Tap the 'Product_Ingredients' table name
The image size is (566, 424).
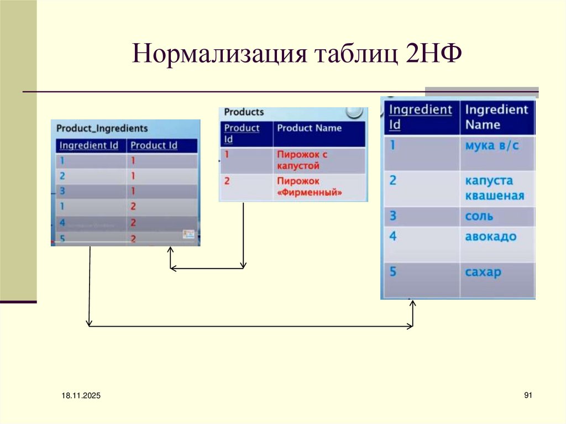(x=102, y=128)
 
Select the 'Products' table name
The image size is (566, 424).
(x=244, y=112)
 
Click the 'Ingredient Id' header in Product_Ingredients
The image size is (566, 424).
(x=89, y=145)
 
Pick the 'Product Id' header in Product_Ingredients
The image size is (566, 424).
(x=154, y=145)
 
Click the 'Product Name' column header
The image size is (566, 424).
(x=309, y=128)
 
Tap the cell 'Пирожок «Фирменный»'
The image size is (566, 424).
(x=310, y=187)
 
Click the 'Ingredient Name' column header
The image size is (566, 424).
(x=496, y=117)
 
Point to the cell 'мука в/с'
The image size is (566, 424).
(x=492, y=146)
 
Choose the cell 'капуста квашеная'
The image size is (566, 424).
(x=494, y=188)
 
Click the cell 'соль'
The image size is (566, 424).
(x=479, y=216)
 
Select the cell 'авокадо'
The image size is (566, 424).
(x=491, y=237)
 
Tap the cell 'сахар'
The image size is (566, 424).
(x=483, y=272)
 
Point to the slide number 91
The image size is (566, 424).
(x=527, y=395)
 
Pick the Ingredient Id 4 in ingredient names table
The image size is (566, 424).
(x=393, y=237)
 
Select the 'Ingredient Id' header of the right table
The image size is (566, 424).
(x=420, y=117)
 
